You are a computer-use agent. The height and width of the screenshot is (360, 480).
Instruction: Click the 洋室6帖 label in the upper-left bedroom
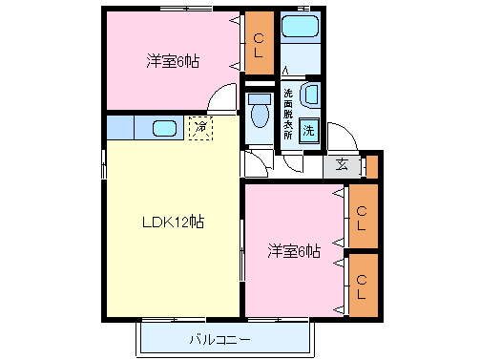click(x=173, y=61)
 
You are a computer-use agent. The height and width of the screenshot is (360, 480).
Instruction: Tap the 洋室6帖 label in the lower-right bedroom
click(x=293, y=251)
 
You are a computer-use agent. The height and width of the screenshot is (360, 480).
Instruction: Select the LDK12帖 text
click(x=173, y=222)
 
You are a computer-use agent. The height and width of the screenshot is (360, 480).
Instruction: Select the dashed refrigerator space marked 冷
click(x=200, y=126)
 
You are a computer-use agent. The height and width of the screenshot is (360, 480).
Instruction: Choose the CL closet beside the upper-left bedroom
click(x=259, y=43)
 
